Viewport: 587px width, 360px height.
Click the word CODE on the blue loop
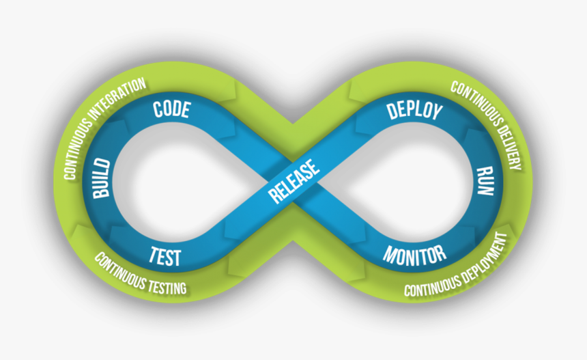point(171,109)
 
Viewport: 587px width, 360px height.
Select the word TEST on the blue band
point(166,257)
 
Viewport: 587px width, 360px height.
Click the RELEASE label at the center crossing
point(294,181)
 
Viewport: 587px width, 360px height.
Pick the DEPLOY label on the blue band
point(414,111)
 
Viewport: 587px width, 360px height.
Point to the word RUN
point(484,181)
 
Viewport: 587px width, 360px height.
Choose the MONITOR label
point(414,255)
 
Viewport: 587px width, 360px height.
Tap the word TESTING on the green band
point(164,282)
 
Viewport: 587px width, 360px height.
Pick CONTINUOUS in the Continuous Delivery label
point(470,99)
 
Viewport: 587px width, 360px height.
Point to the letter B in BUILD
point(103,193)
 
